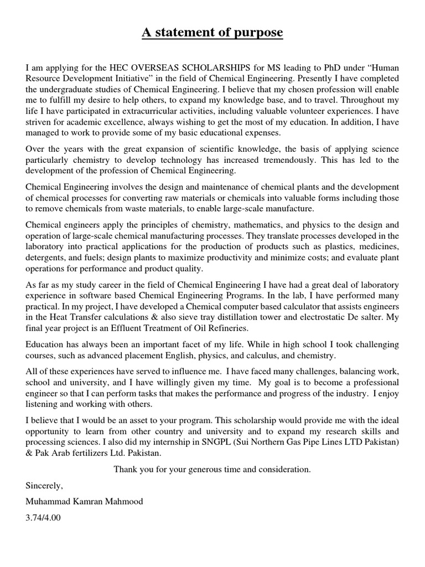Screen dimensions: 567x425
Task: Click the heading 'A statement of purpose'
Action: tap(212, 33)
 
